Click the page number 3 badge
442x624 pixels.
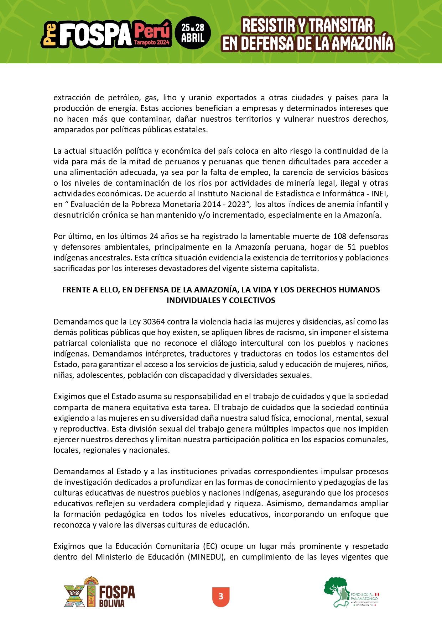221,597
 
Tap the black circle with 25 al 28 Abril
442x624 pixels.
193,33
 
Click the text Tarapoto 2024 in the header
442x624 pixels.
152,42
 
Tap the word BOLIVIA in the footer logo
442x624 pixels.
112,603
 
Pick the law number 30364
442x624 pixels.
154,322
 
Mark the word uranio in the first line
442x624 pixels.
201,97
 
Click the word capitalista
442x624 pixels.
300,268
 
